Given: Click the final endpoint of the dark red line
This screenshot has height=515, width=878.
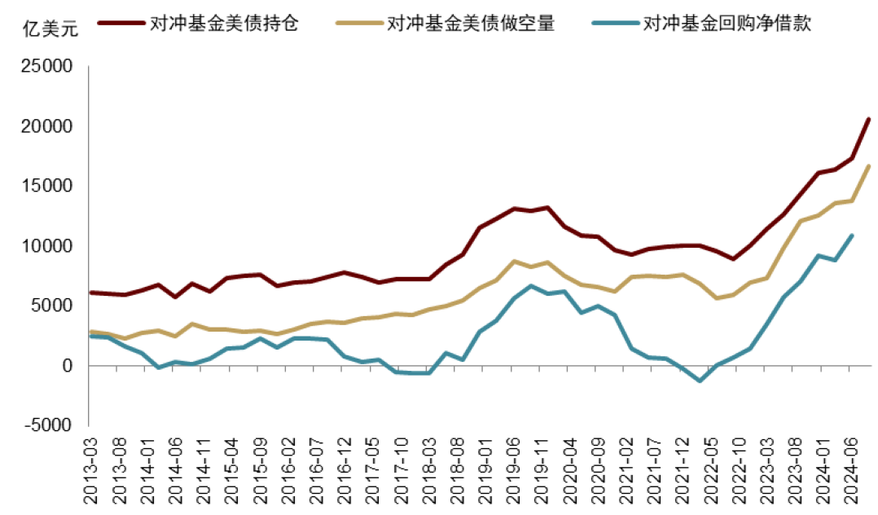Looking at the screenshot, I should coord(868,119).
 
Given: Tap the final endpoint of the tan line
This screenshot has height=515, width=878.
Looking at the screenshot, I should coord(868,166).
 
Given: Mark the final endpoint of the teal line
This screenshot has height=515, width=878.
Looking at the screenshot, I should coord(851,236).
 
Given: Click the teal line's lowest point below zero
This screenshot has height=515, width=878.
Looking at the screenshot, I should coord(700,381).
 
